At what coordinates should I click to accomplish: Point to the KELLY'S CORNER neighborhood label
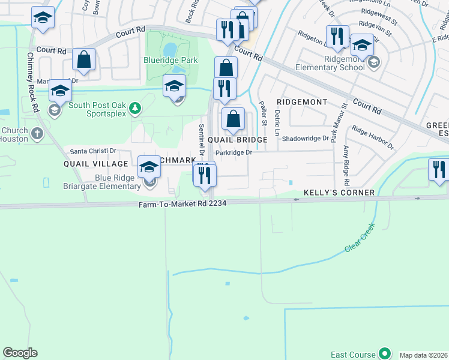click(339, 193)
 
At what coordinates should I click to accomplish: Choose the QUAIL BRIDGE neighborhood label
click(237, 140)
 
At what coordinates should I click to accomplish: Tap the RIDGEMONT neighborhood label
click(302, 103)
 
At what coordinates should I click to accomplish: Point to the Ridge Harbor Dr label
click(373, 138)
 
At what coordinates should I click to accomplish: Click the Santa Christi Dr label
click(93, 151)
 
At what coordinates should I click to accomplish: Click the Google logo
click(20, 353)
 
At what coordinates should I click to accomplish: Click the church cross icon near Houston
click(37, 133)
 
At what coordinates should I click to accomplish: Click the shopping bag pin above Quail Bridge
click(233, 119)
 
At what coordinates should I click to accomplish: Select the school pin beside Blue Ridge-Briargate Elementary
click(149, 167)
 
